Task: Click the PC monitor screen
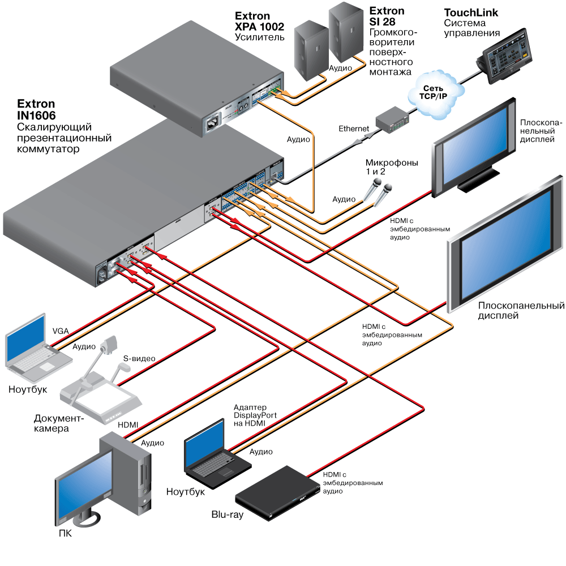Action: tap(83, 484)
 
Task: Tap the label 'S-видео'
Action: tap(139, 358)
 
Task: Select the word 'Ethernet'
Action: tap(354, 128)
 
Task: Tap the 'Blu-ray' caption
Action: tap(227, 515)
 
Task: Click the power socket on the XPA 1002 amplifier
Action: tap(214, 121)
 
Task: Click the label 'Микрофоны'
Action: tap(392, 163)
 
